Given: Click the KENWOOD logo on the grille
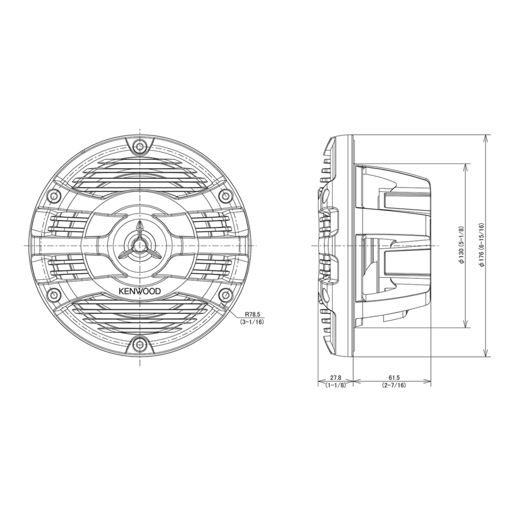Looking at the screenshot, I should coord(140,291).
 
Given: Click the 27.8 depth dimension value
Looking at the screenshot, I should coord(335,378).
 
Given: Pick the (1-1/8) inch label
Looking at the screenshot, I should coord(335,385).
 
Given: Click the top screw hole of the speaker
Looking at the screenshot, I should coord(140,146).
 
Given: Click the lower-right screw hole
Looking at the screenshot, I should coord(225,295).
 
